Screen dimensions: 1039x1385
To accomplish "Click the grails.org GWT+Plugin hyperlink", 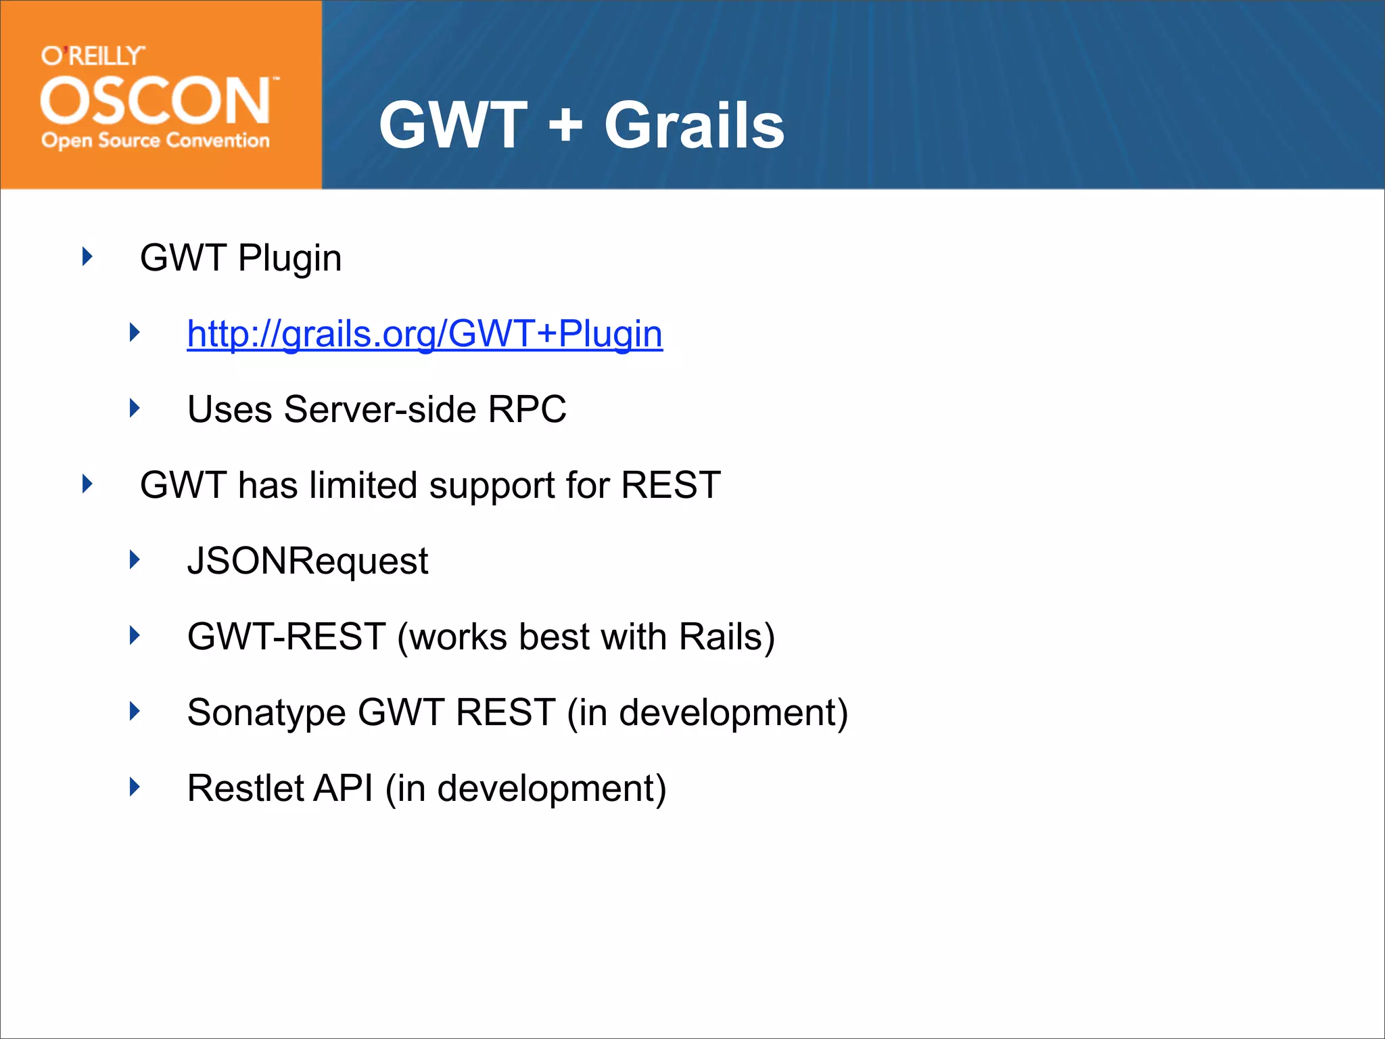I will [425, 333].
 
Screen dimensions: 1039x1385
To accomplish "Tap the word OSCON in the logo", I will [156, 101].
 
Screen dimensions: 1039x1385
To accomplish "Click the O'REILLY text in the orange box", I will [93, 55].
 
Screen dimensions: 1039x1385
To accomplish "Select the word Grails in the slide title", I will [694, 125].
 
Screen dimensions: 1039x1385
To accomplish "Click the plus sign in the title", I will [565, 125].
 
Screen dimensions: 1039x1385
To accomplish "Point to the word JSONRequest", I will [308, 561].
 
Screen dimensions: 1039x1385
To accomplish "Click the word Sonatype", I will [266, 712].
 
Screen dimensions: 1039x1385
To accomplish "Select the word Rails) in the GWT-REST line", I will [726, 637].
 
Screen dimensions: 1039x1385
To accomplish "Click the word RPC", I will [527, 409].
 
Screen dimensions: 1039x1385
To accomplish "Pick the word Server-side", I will [380, 409].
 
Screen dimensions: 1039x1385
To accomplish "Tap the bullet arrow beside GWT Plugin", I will [87, 257].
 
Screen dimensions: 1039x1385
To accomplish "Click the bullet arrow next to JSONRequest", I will [135, 560].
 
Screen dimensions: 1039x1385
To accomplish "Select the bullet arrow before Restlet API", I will [135, 787].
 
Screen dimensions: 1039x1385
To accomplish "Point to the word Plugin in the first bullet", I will [289, 258].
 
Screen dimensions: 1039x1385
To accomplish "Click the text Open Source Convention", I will [156, 141].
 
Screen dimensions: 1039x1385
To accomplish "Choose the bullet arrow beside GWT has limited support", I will [87, 484].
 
